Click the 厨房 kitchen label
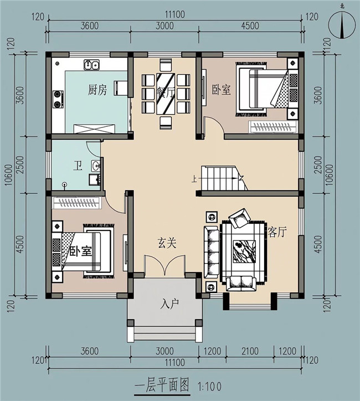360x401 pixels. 97,90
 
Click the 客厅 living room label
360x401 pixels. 277,232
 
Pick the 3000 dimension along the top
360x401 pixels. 164,26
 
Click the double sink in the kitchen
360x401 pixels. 91,65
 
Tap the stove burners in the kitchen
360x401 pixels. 57,99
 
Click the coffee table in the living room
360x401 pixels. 243,251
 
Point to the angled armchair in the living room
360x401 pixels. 241,218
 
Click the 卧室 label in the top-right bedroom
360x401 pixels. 221,90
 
